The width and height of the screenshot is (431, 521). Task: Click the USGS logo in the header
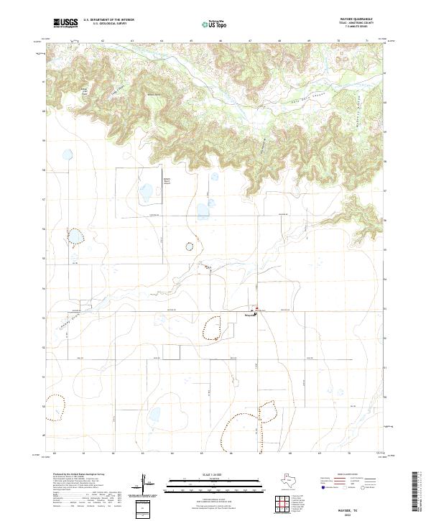65,23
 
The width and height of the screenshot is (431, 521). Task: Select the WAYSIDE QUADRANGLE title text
350,19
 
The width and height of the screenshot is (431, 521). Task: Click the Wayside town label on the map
244,314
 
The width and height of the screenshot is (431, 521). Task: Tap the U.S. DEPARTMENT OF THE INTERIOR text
108,20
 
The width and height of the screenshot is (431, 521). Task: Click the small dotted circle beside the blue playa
189,246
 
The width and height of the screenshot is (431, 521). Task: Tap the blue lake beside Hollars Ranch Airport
146,193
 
